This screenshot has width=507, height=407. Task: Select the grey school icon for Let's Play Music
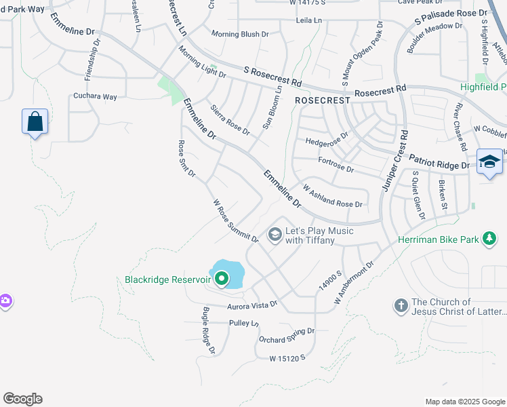click(275, 235)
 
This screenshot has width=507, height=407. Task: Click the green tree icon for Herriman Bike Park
click(488, 239)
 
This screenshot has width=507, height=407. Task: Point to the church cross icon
click(400, 307)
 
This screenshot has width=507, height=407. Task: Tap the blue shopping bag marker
click(35, 122)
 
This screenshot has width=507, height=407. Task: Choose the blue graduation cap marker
click(489, 162)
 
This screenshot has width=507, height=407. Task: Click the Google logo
click(22, 399)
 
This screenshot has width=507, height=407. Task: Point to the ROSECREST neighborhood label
click(323, 100)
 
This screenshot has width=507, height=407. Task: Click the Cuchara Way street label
click(95, 97)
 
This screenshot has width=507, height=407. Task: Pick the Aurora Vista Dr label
click(251, 305)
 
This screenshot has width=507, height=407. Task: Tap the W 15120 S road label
click(287, 357)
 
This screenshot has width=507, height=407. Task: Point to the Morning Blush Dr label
click(240, 34)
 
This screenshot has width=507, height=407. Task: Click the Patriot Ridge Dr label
click(440, 165)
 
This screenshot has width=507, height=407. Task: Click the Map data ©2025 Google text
click(464, 402)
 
